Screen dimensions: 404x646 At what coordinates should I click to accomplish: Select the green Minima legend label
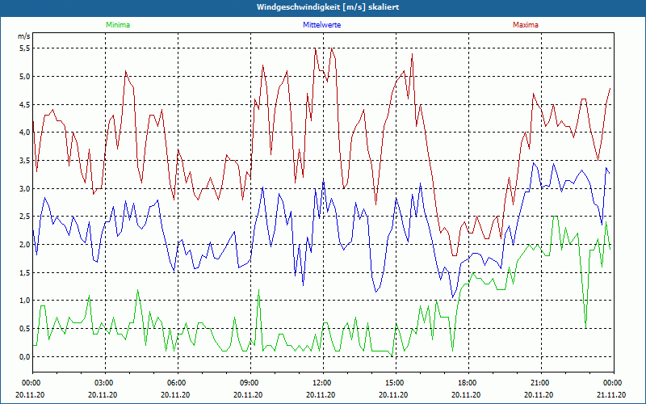[x=117, y=25]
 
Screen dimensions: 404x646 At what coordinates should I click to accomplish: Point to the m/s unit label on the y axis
[x=23, y=37]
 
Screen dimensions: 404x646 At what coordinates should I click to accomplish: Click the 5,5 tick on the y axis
[x=24, y=48]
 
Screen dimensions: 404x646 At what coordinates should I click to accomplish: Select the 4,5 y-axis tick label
[x=24, y=104]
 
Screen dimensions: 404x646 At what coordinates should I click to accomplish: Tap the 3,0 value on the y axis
[x=24, y=188]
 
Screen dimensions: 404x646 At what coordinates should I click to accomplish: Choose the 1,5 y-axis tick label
[x=24, y=272]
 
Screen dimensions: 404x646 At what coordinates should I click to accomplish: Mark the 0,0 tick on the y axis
[x=24, y=356]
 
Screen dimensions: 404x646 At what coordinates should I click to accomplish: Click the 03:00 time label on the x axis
[x=104, y=383]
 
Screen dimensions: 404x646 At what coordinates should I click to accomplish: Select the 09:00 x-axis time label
[x=249, y=383]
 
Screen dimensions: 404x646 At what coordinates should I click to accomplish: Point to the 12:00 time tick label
[x=321, y=383]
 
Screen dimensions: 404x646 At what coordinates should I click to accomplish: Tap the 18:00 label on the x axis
[x=467, y=383]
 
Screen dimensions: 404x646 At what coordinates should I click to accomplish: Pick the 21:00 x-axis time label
[x=539, y=383]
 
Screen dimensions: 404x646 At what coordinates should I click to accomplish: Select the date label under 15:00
[x=394, y=395]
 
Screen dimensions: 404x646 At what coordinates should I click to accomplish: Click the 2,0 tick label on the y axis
[x=24, y=244]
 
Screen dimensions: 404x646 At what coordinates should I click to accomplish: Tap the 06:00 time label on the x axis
[x=177, y=383]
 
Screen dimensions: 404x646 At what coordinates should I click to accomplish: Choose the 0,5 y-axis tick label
[x=24, y=328]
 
